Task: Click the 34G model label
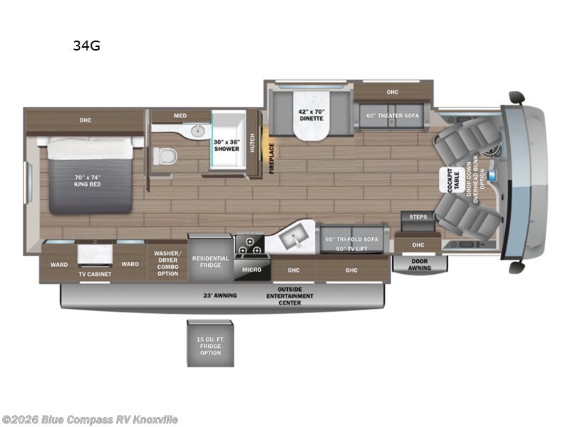pos(85,46)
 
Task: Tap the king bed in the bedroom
pos(90,174)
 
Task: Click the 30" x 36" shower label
pos(227,145)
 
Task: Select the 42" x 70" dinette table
pos(310,115)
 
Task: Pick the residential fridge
pos(210,261)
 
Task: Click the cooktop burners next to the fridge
pos(249,245)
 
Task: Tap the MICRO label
pos(252,270)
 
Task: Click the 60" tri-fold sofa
pos(352,238)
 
